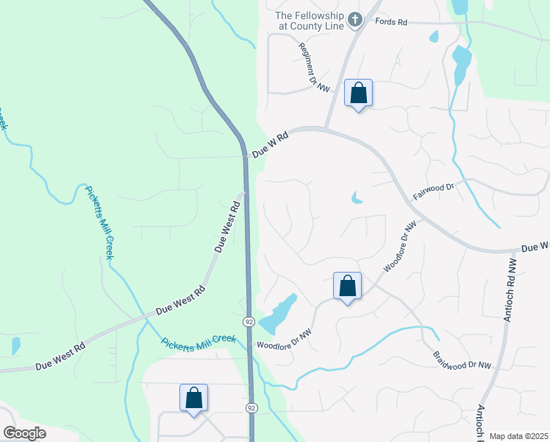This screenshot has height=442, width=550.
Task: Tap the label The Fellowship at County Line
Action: pyautogui.click(x=310, y=20)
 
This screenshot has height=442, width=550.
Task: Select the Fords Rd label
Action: pyautogui.click(x=391, y=23)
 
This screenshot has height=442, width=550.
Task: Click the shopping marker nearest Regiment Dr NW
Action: pyautogui.click(x=358, y=94)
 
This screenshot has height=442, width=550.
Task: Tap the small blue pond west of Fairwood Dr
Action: pyautogui.click(x=357, y=197)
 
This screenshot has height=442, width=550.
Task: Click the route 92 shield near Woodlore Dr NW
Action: pyautogui.click(x=250, y=321)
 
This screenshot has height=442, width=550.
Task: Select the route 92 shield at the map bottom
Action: pyautogui.click(x=251, y=407)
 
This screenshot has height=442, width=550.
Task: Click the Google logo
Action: pyautogui.click(x=24, y=433)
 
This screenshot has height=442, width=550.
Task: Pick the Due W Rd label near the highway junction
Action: pyautogui.click(x=270, y=144)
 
